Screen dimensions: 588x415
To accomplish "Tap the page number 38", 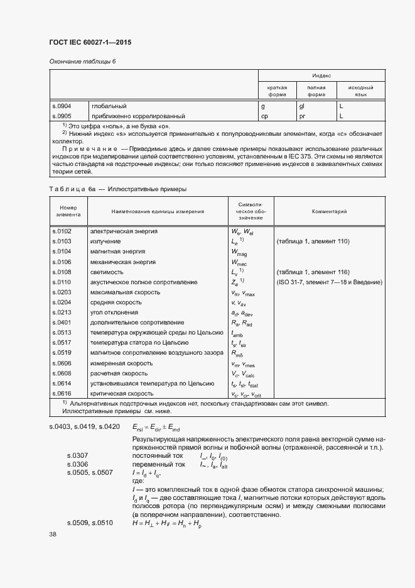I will tap(53, 534).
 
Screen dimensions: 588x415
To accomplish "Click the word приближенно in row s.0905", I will tap(112, 116).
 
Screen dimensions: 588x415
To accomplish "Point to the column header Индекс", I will tap(321, 74).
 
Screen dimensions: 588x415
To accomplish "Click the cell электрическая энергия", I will tap(124, 231).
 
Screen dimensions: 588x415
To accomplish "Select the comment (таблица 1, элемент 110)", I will tap(312, 241).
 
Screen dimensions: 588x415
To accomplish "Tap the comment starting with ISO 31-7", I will tap(329, 282).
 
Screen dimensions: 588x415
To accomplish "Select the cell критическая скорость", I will tap(122, 393).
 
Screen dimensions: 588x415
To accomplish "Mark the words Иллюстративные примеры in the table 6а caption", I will tap(148, 188).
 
